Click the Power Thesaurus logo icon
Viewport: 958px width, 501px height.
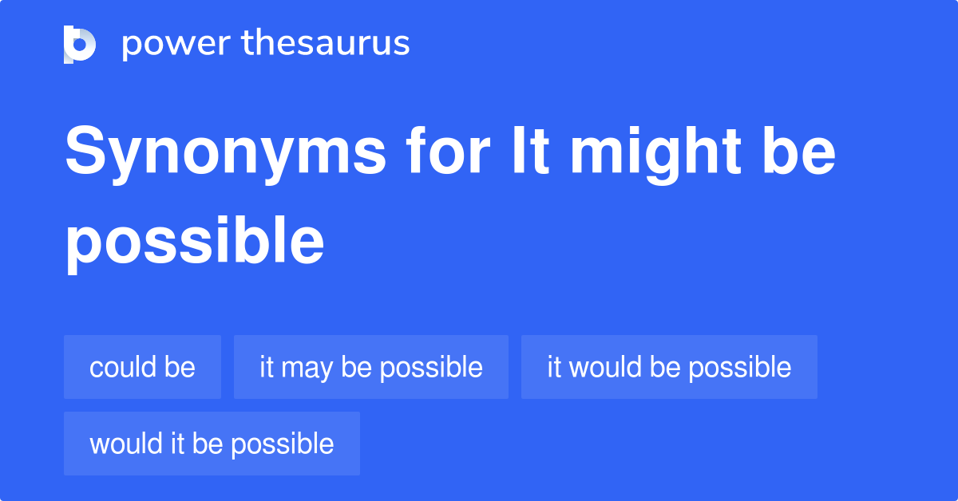80,44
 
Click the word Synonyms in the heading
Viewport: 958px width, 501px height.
225,153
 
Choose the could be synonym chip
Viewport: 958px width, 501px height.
142,367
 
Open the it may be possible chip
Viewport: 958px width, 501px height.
370,367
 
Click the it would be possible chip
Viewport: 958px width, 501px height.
669,367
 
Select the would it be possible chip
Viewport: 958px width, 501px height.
212,444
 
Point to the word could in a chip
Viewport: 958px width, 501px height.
122,367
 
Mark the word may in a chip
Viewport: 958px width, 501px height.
307,369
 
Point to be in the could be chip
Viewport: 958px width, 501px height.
180,367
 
